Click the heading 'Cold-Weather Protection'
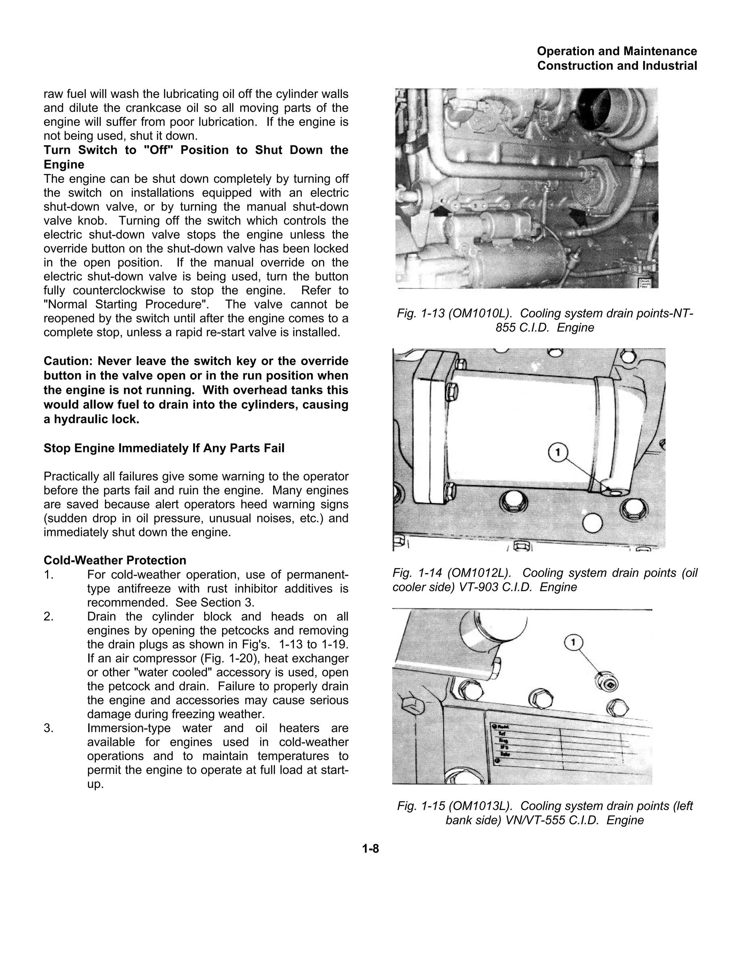click(115, 560)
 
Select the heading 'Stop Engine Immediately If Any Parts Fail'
click(164, 448)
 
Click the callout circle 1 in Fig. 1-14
click(558, 453)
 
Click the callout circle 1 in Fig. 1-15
click(573, 642)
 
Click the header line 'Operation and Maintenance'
click(617, 51)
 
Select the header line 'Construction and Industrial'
click(617, 66)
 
